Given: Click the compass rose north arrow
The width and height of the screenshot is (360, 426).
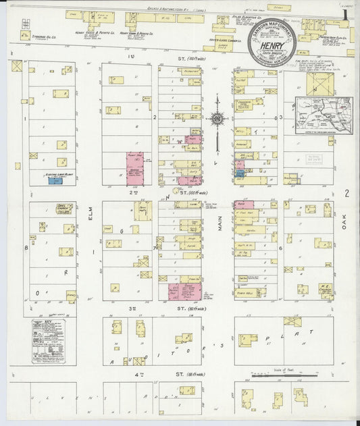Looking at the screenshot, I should (217, 120).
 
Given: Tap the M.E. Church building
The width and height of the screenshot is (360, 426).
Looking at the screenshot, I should (325, 288).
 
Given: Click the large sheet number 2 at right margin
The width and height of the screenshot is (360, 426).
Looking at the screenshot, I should (346, 194).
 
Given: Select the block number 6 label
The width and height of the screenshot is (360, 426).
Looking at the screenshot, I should (280, 248).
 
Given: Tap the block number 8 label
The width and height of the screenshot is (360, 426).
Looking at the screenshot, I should (26, 248).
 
